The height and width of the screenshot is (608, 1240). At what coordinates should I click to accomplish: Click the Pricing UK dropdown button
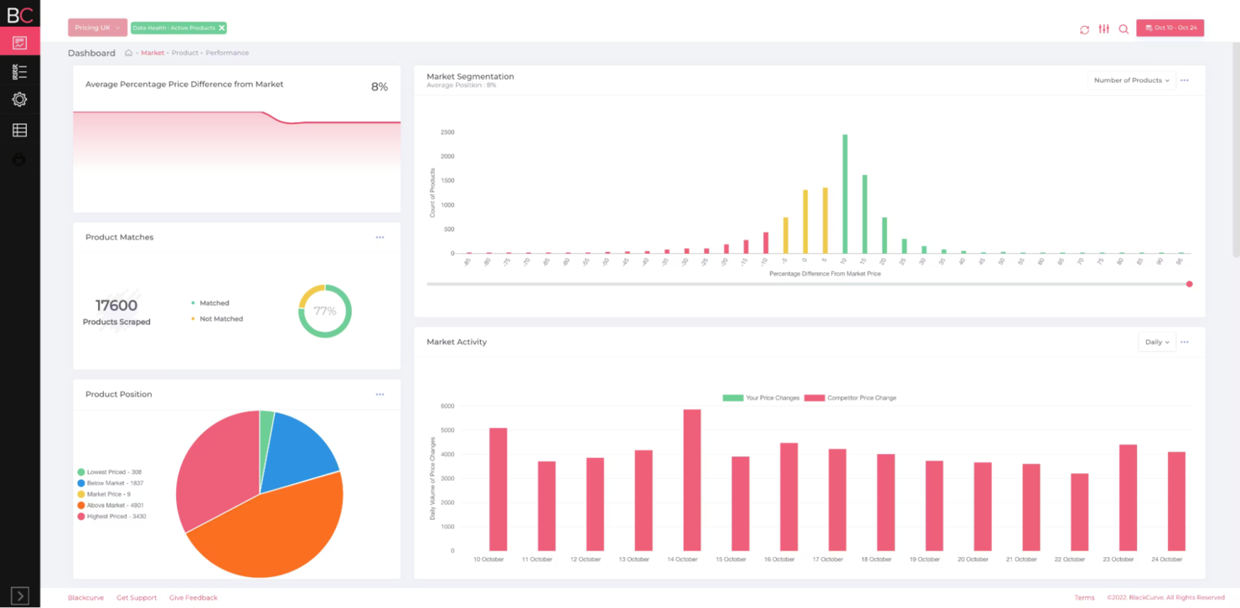pyautogui.click(x=97, y=28)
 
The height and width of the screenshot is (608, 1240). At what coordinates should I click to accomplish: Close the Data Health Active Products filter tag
pyautogui.click(x=222, y=28)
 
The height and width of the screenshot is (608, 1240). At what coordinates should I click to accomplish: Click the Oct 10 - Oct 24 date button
pyautogui.click(x=1170, y=28)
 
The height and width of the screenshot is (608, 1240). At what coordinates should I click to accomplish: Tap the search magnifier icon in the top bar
pyautogui.click(x=1124, y=29)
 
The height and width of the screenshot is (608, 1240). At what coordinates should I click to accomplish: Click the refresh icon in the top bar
pyautogui.click(x=1084, y=29)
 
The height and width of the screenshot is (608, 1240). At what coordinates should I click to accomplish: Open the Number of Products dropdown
pyautogui.click(x=1131, y=80)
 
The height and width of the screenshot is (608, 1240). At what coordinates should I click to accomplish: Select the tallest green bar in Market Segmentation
pyautogui.click(x=845, y=193)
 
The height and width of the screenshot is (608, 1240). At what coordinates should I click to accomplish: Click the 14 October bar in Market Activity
pyautogui.click(x=692, y=479)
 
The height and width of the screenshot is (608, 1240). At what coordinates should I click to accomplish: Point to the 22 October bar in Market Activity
pyautogui.click(x=1080, y=512)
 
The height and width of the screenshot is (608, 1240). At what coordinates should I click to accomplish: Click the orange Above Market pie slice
pyautogui.click(x=268, y=528)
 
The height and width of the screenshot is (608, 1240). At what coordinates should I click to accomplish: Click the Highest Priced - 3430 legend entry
pyautogui.click(x=116, y=517)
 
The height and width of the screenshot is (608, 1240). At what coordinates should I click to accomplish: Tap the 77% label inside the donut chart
pyautogui.click(x=325, y=311)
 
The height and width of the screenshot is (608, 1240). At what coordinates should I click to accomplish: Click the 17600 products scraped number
pyautogui.click(x=116, y=306)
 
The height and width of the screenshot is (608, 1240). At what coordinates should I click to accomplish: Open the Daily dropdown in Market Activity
pyautogui.click(x=1156, y=342)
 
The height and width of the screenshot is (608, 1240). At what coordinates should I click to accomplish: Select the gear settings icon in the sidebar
pyautogui.click(x=19, y=100)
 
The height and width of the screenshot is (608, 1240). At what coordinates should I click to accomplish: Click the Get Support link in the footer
pyautogui.click(x=137, y=598)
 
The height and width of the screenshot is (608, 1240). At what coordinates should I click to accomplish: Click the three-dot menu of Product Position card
pyautogui.click(x=380, y=394)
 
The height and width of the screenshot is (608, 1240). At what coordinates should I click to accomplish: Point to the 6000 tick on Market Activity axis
pyautogui.click(x=447, y=406)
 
